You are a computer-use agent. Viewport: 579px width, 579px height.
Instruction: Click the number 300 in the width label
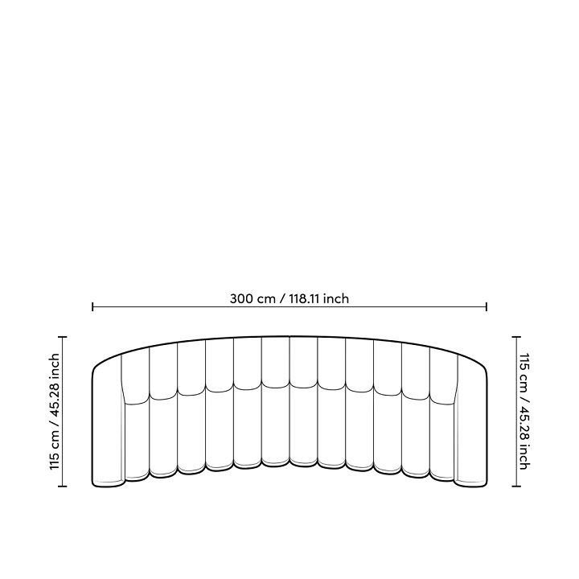pyautogui.click(x=242, y=298)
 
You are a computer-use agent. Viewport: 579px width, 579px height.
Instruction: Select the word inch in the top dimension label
pyautogui.click(x=335, y=298)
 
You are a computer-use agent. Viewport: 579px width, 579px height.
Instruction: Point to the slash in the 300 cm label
pyautogui.click(x=282, y=298)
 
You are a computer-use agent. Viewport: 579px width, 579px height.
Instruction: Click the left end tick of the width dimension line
pyautogui.click(x=92, y=306)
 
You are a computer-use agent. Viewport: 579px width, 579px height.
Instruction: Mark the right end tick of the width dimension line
pyautogui.click(x=487, y=306)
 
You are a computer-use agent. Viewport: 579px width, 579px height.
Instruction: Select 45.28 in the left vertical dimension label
pyautogui.click(x=55, y=396)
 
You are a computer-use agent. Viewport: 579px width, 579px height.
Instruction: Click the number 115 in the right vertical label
pyautogui.click(x=524, y=363)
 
